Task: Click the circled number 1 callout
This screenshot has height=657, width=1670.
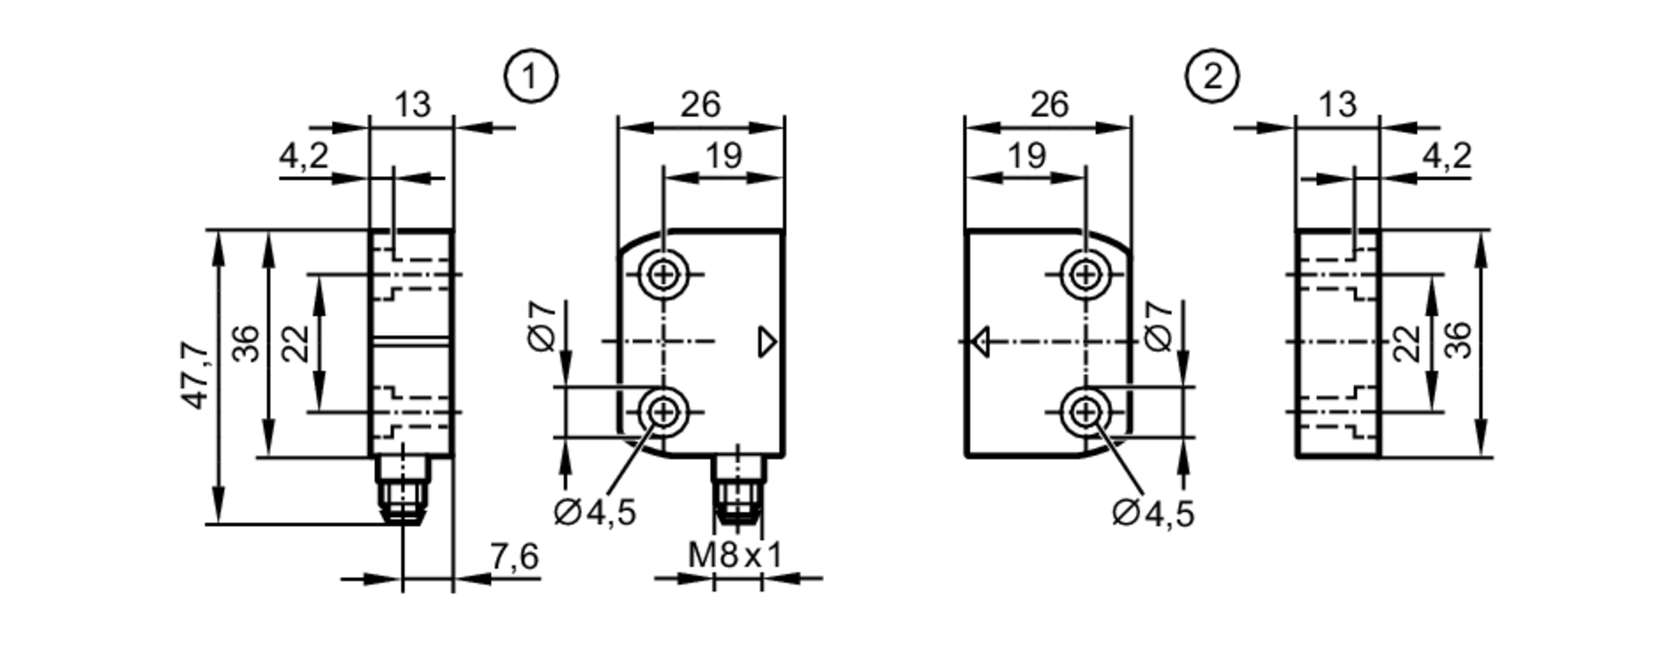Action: pos(530,77)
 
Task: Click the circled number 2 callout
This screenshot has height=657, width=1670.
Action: pos(1212,77)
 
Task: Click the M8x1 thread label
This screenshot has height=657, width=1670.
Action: pos(736,554)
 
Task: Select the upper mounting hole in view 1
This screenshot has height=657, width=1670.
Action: pos(663,274)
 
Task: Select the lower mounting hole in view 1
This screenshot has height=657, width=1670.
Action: pos(663,412)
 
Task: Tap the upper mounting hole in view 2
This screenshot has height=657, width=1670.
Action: pos(1085,274)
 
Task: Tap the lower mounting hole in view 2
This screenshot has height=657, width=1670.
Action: pos(1085,412)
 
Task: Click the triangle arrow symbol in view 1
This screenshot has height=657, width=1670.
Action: pos(767,342)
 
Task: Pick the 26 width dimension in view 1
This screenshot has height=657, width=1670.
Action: pos(700,105)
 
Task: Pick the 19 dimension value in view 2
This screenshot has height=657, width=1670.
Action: pos(1026,155)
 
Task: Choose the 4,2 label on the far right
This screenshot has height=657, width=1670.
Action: pos(1447,155)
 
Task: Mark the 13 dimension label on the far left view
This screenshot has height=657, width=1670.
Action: pos(412,105)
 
